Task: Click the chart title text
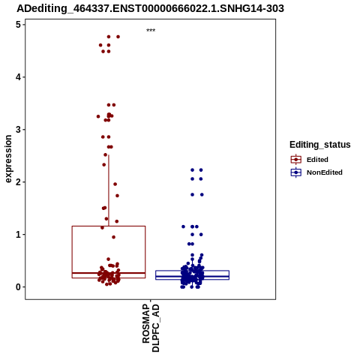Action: (150, 8)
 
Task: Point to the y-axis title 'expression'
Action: (8, 159)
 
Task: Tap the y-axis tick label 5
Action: (19, 25)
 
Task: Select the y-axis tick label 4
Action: (19, 77)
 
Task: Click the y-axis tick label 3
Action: (19, 130)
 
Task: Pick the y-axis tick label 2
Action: (19, 182)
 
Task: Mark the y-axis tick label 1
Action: (19, 235)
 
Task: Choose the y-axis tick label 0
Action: (19, 287)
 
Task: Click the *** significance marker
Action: (151, 30)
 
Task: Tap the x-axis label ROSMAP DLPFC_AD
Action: (151, 328)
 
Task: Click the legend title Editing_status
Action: (320, 145)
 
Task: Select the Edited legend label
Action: (317, 160)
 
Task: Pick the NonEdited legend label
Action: (325, 172)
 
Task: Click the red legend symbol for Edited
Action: (296, 160)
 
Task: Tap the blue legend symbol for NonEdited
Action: (296, 172)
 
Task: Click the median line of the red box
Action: (109, 273)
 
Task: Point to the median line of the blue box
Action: (192, 276)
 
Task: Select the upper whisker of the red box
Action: (109, 190)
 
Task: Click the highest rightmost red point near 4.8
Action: (118, 37)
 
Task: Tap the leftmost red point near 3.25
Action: (98, 116)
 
